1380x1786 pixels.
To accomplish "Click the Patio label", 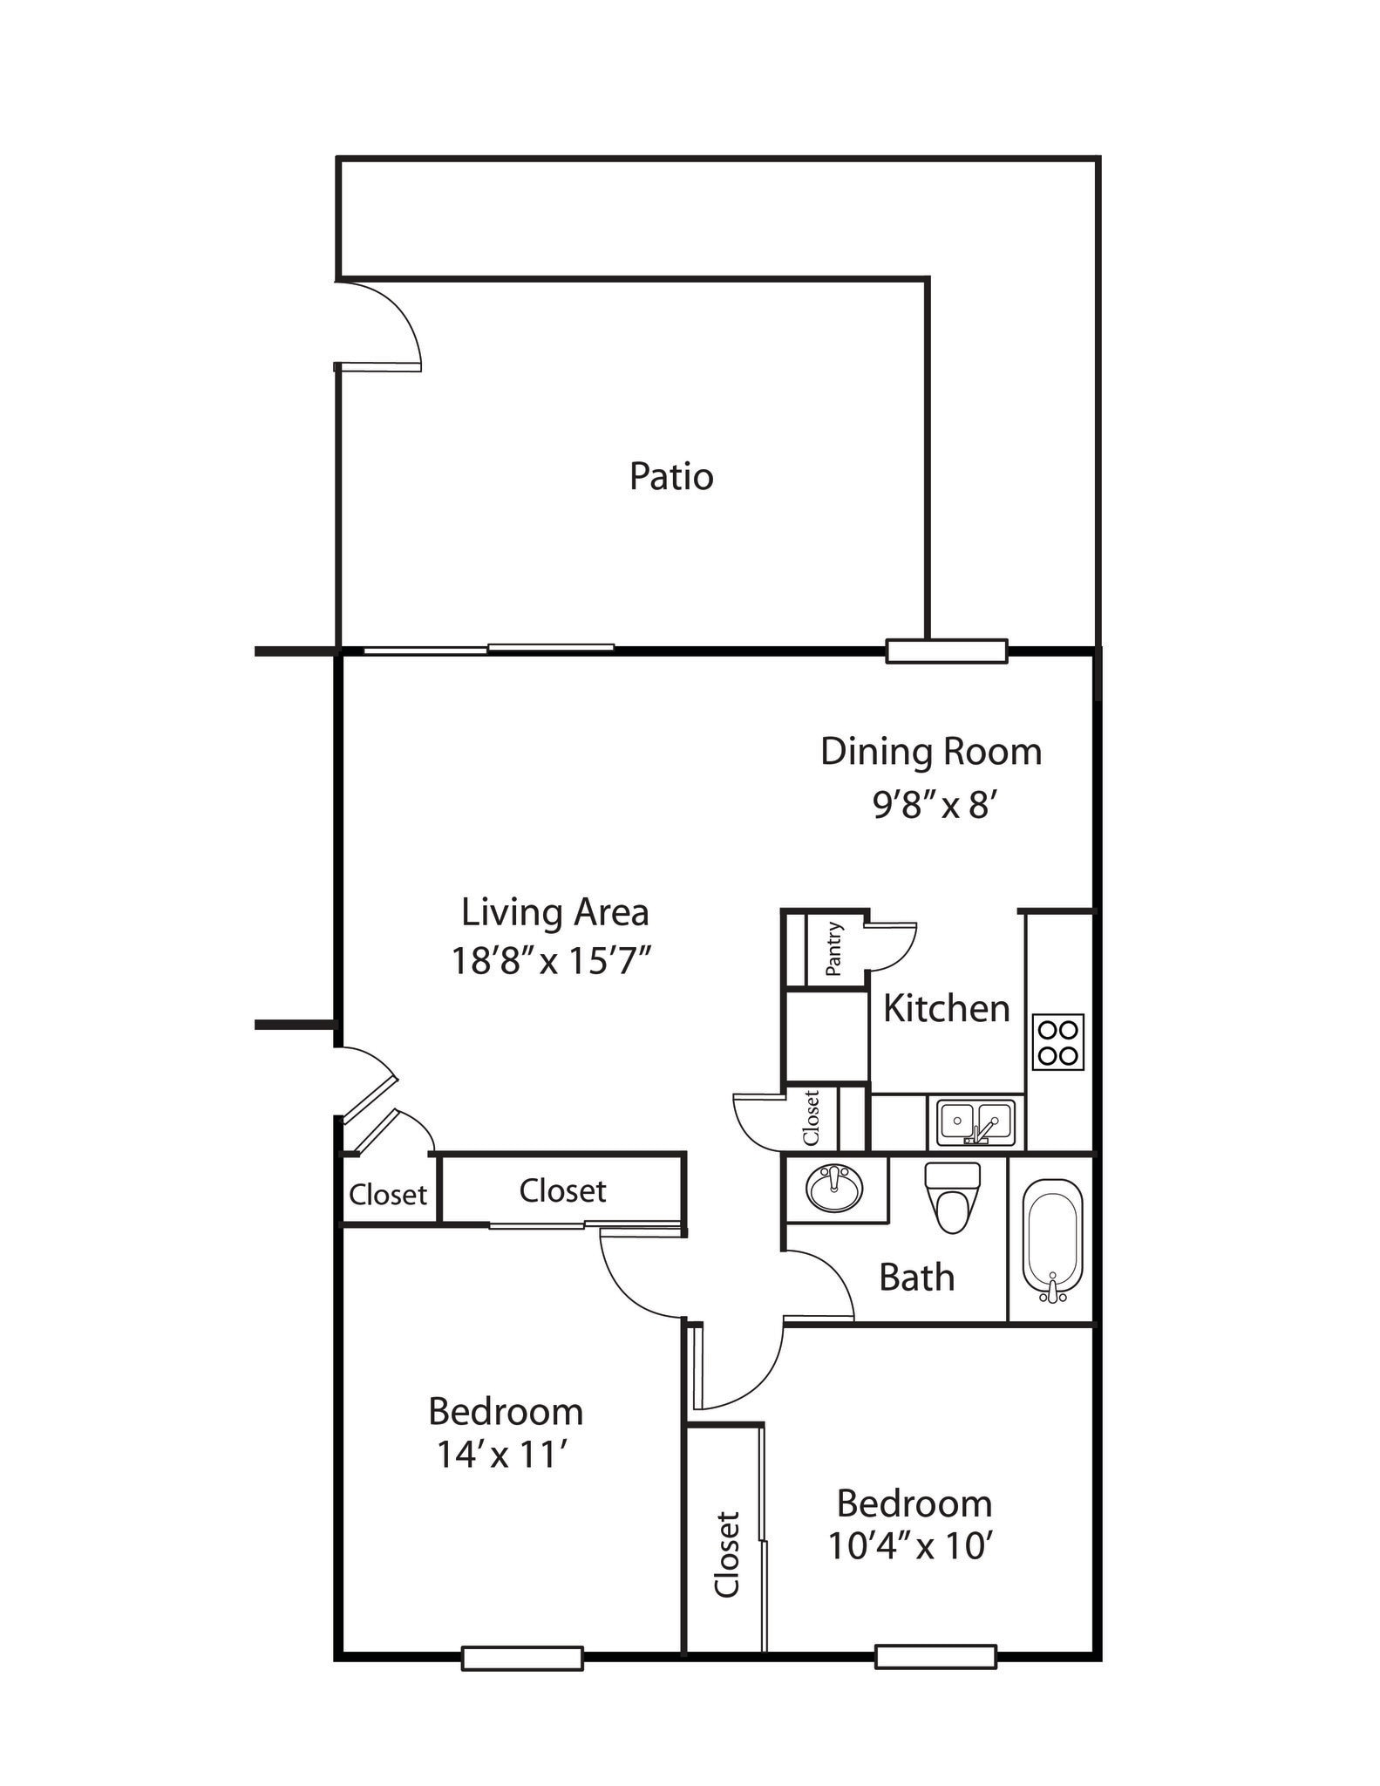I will pos(671,477).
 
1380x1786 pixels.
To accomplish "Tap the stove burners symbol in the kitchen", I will pos(1057,1041).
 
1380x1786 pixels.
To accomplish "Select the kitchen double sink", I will pos(976,1121).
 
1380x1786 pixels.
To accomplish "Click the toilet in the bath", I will pos(952,1197).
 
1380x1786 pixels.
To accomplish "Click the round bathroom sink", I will pos(834,1187).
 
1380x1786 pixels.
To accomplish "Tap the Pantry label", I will pos(833,949).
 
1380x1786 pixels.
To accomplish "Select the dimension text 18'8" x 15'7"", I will pos(551,961).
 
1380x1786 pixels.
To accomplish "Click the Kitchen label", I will pos(946,1008).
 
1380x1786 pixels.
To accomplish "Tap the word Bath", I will pos(916,1278).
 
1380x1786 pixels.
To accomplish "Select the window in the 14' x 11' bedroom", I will pos(521,1658).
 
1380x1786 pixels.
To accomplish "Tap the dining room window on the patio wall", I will pos(946,651).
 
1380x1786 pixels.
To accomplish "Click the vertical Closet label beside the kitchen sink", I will pos(811,1118).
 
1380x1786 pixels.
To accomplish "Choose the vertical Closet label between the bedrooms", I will pos(727,1555).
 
